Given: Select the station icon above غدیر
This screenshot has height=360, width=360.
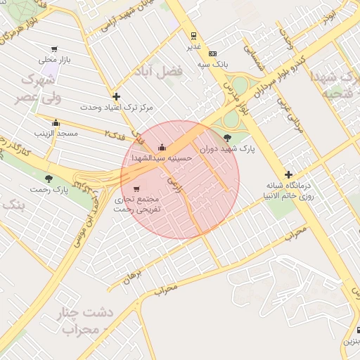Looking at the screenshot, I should click(193, 35).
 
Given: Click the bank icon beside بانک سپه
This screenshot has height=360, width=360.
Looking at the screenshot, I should click(212, 53).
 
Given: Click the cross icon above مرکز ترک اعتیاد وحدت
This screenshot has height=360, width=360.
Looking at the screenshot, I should click(116, 96).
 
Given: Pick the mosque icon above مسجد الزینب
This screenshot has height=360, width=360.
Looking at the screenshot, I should click(56, 122).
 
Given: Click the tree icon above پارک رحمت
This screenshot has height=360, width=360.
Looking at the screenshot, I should click(49, 179).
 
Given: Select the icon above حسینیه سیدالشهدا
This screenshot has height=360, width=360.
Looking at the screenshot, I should click(162, 148).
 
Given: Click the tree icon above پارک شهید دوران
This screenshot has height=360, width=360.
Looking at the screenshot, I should click(227, 138).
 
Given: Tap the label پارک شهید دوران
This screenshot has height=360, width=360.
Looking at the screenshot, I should click(226, 149).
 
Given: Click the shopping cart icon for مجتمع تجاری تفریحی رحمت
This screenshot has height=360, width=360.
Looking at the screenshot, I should click(136, 188).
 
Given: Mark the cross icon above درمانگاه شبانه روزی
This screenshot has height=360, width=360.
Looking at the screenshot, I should click(288, 174).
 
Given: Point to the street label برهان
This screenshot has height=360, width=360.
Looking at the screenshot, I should click(132, 278).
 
